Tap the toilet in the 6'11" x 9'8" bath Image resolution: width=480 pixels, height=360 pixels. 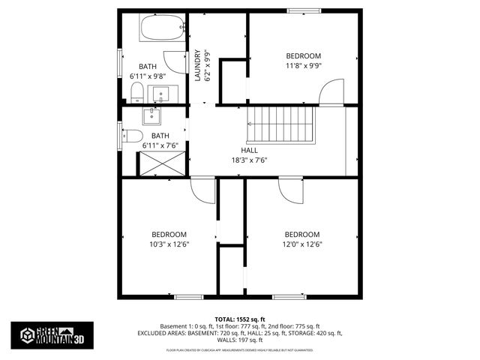(x=136, y=92)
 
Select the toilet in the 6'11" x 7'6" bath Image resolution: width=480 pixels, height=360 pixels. (x=133, y=136)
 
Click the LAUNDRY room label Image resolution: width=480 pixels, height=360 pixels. (x=198, y=65)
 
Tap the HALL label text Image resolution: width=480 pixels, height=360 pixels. (x=250, y=150)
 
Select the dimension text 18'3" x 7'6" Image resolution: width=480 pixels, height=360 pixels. (x=250, y=160)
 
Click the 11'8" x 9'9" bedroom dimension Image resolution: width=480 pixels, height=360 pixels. (x=303, y=65)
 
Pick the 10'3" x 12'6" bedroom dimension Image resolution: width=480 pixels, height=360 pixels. (x=169, y=243)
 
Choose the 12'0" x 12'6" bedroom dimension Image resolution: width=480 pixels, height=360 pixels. (x=303, y=243)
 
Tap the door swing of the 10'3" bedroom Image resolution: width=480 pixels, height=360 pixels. (x=202, y=190)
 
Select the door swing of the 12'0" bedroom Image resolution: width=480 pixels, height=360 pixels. (x=291, y=190)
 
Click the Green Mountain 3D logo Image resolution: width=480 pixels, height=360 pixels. (x=52, y=334)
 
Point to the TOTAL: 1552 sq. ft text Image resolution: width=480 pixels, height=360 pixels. (x=240, y=319)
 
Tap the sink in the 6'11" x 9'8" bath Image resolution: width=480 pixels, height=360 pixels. (x=161, y=94)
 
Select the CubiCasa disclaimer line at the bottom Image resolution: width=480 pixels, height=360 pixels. (x=240, y=349)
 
